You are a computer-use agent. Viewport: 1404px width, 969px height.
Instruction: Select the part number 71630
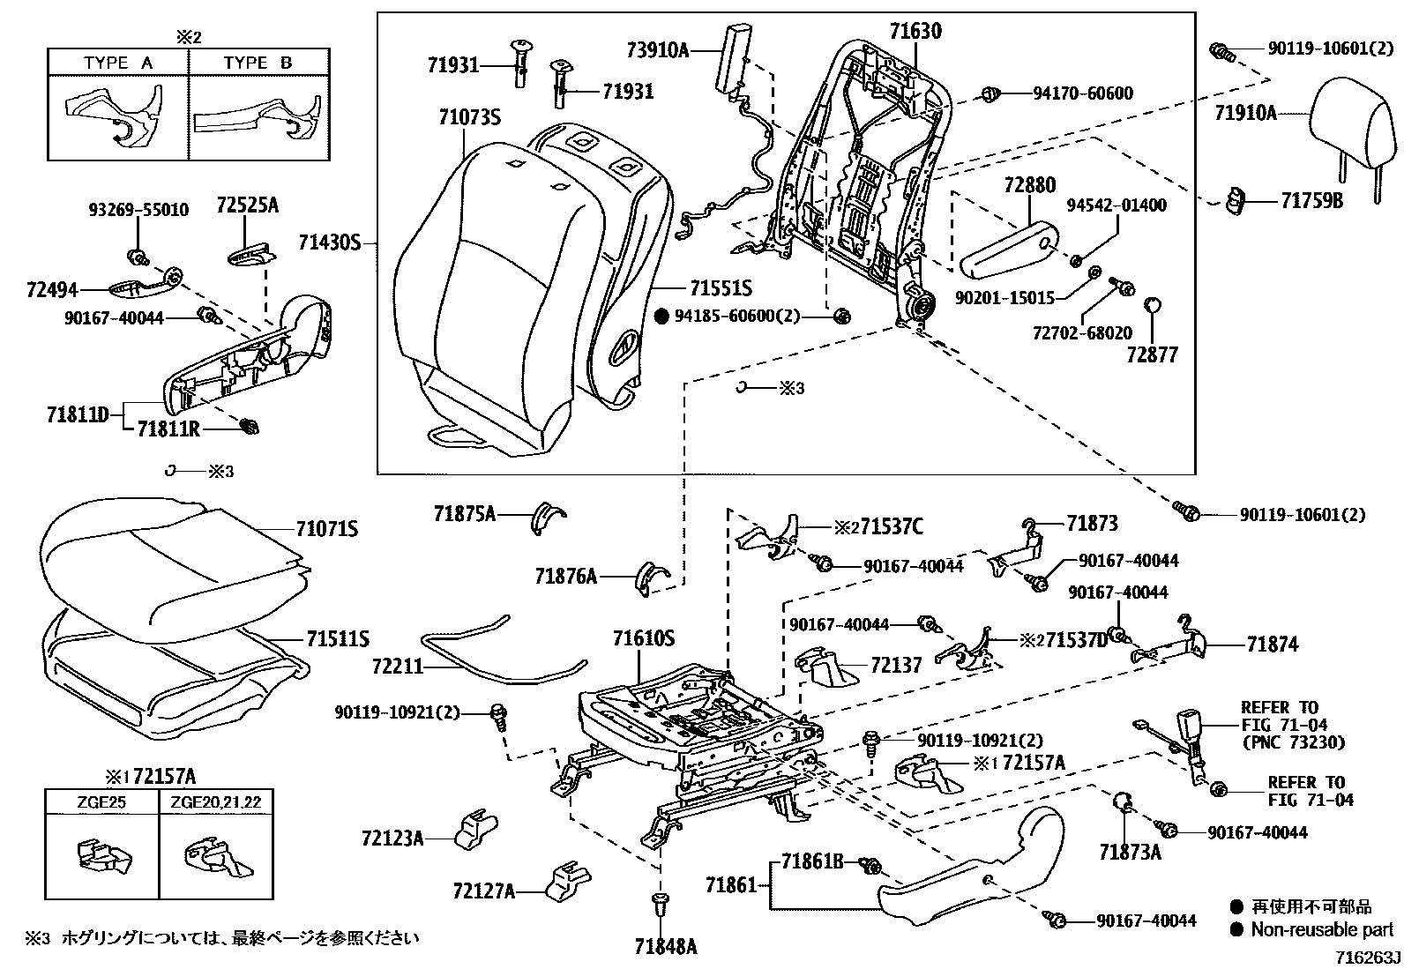point(915,32)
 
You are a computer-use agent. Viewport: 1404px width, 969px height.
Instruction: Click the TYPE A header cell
point(118,63)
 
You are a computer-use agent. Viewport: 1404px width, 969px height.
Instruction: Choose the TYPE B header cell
point(258,63)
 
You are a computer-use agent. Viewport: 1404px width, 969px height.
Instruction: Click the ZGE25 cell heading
point(101,801)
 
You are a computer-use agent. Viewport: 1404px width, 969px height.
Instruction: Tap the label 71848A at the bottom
point(665,946)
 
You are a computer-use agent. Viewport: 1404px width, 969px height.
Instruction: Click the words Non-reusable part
point(1322,929)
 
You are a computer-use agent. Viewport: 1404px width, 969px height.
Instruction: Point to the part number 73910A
point(657,50)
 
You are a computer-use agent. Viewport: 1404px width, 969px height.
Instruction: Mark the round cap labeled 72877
point(1152,306)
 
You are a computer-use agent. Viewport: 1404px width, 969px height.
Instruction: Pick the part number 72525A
point(247,205)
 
